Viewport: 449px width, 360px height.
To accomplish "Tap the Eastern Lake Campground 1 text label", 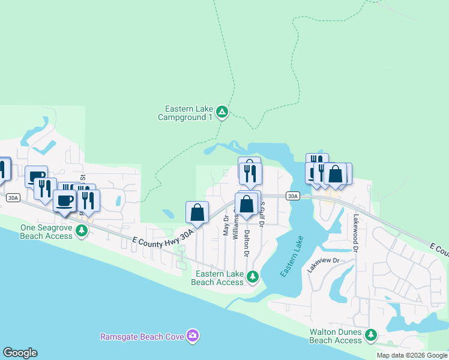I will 189,113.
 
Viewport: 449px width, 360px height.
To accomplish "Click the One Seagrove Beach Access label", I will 47,232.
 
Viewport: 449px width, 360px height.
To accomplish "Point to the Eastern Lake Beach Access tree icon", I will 253,277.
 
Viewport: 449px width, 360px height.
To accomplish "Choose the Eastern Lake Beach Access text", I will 218,278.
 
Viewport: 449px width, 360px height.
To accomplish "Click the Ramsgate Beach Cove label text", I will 142,337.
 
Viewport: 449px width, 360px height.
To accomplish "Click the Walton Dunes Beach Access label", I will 336,335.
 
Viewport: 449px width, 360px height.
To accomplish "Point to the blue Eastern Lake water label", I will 292,259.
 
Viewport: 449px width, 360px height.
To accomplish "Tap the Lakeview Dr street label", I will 324,265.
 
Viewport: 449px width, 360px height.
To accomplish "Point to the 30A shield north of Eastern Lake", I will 292,196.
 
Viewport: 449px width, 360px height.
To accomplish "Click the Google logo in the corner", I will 20,353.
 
